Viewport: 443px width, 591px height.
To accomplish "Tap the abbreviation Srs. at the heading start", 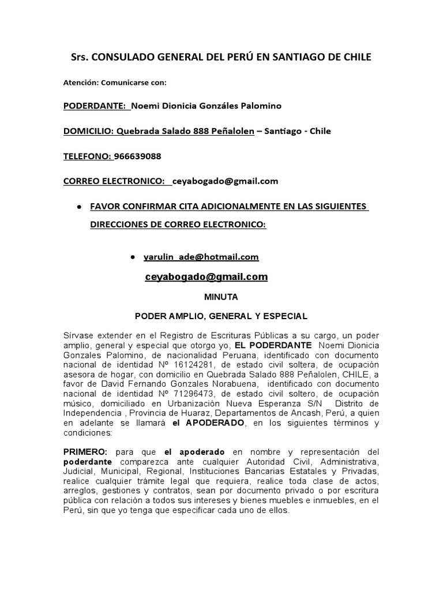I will coord(80,57).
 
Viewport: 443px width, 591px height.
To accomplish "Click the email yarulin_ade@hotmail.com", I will coord(201,256).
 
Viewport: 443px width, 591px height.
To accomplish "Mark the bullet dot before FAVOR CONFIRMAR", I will coord(78,206).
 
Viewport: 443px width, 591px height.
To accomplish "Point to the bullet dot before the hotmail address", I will coord(132,256).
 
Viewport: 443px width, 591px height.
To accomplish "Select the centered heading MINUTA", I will coord(221,297).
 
